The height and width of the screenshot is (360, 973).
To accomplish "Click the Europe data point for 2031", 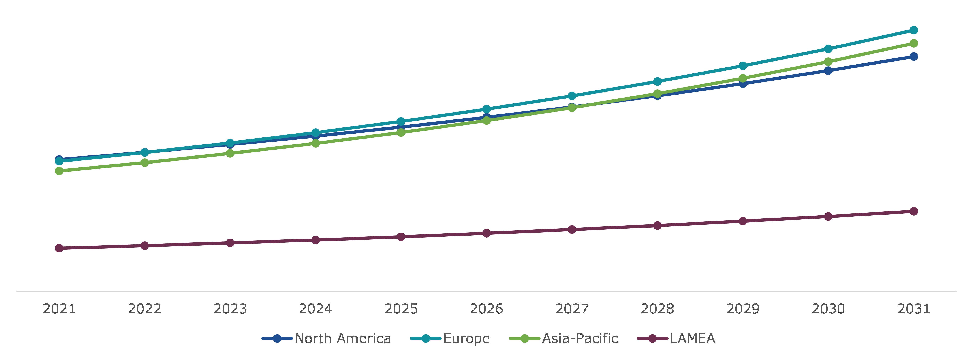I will (x=913, y=30).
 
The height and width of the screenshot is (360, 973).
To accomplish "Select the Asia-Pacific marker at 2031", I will (x=913, y=44).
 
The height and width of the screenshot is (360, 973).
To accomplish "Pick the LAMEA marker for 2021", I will (x=59, y=248).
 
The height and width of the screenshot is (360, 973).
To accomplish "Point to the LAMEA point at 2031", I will (x=913, y=211).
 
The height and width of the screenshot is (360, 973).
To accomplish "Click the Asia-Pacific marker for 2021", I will (x=59, y=171).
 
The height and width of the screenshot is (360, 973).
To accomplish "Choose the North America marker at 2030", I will (x=828, y=71).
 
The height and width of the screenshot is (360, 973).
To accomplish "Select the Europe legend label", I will (x=466, y=338).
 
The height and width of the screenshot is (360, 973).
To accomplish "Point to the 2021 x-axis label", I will (x=59, y=309).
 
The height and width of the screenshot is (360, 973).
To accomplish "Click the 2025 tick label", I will (x=401, y=309).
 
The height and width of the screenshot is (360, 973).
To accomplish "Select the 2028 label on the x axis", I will (x=657, y=309).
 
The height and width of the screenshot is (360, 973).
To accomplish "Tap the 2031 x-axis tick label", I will (x=913, y=309).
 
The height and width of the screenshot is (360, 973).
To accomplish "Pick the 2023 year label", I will (x=230, y=309).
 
